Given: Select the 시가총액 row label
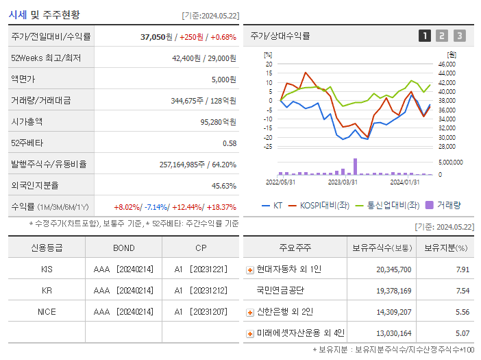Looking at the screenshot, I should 27,121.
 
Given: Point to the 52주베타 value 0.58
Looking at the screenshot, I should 230,143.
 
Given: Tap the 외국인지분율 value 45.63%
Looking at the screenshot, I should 224,185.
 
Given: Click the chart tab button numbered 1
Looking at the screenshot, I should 425,36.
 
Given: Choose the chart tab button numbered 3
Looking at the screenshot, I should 459,36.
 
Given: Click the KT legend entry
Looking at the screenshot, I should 273,205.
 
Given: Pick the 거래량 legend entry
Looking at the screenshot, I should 443,205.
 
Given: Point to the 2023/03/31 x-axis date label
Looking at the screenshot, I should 343,182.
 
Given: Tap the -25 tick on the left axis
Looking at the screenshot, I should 268,146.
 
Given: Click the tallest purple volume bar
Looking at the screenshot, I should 355,166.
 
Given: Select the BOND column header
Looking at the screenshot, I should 123,248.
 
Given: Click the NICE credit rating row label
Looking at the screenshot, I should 47,311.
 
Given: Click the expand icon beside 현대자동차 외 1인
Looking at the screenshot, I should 250,270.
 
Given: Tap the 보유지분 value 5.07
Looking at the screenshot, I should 463,333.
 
